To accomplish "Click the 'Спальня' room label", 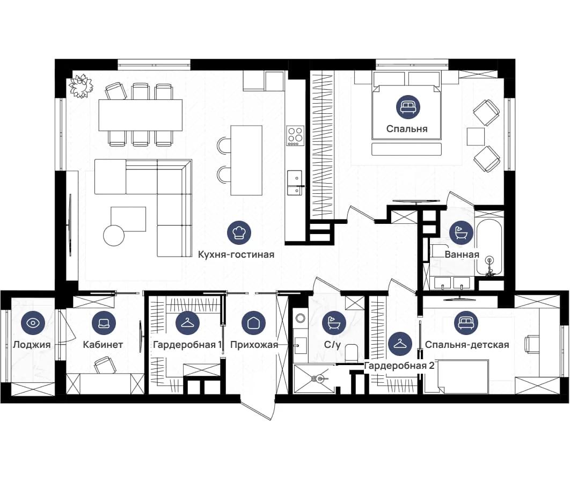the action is tap(407, 129).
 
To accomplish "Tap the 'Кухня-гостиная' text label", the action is tap(236, 254).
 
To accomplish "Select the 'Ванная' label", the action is tap(462, 254).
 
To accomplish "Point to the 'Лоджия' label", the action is tap(32, 345).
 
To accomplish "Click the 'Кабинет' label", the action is tap(103, 344).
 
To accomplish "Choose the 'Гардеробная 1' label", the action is tap(187, 345).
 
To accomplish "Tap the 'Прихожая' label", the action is tap(254, 345).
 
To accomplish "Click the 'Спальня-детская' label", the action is tap(467, 345).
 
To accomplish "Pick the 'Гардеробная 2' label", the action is tap(399, 366).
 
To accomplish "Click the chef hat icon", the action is tap(239, 232).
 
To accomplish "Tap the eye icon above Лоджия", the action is tap(33, 323).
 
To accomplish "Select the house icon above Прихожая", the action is tap(254, 323).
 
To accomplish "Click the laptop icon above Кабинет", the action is tap(104, 323).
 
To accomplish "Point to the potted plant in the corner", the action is tap(81, 85).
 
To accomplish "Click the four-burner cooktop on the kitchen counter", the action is tap(295, 136).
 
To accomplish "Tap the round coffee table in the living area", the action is tap(114, 236).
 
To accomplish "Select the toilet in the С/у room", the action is tap(351, 352).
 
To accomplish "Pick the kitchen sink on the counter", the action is tap(295, 183).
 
